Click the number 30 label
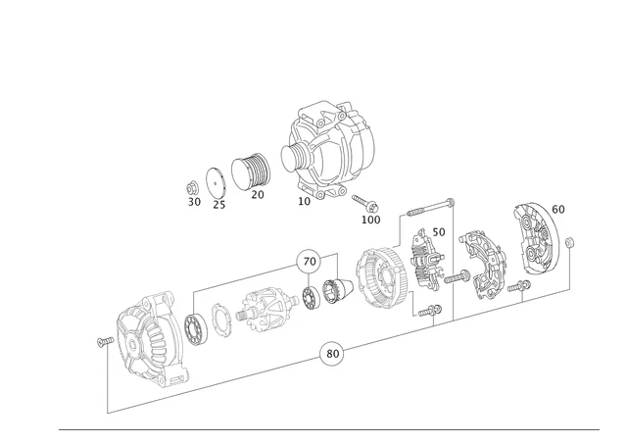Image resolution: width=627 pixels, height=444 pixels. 194,202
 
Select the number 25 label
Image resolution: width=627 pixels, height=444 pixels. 219,205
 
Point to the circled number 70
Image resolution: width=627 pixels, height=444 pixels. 310,262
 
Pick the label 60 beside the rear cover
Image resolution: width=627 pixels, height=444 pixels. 557,209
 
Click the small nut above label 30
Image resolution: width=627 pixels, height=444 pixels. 194,186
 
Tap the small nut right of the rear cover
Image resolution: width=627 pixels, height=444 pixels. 572,241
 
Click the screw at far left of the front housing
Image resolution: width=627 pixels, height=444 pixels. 103,341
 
